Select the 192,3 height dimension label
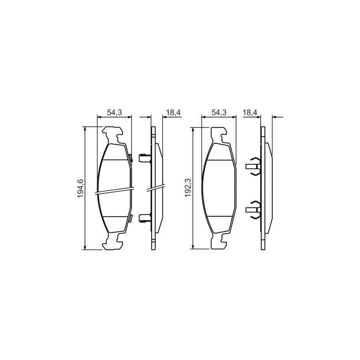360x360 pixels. pyautogui.click(x=188, y=188)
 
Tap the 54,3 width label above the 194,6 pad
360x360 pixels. pyautogui.click(x=114, y=113)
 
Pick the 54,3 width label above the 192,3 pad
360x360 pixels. pyautogui.click(x=218, y=113)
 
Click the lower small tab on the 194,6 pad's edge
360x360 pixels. pyautogui.click(x=130, y=218)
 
